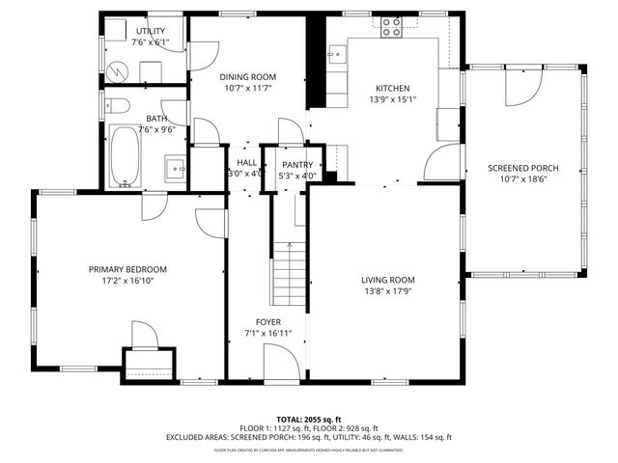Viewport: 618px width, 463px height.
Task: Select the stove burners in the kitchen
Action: [392, 27]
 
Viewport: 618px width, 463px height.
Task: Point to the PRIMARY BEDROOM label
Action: [127, 269]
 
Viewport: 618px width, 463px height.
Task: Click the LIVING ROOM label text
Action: [396, 280]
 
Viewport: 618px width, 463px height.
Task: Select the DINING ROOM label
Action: [247, 76]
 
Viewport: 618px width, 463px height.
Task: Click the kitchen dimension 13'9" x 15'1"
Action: [395, 97]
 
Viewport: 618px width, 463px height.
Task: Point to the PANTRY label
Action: [296, 165]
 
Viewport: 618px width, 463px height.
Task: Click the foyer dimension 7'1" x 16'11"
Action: [267, 334]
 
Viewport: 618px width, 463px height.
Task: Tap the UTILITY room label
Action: [151, 32]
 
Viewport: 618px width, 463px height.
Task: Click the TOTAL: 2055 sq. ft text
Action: [308, 419]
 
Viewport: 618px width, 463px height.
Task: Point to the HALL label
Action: [246, 163]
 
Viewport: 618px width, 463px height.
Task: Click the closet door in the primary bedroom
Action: [144, 336]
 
